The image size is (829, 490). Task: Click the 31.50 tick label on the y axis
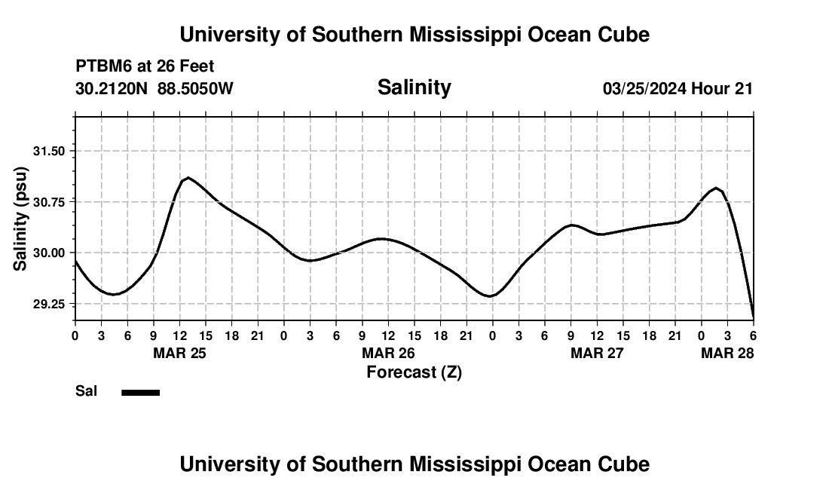(49, 151)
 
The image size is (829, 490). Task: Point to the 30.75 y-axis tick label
(49, 202)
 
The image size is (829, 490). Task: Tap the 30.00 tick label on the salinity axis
(49, 253)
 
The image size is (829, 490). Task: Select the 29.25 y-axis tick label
(49, 304)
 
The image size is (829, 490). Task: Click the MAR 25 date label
(179, 353)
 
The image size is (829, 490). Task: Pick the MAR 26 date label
(389, 353)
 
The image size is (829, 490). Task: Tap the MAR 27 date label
(598, 353)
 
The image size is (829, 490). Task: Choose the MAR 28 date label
(727, 353)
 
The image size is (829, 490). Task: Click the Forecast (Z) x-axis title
(414, 372)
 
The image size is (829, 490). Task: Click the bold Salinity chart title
(414, 87)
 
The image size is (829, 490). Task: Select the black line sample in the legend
(140, 392)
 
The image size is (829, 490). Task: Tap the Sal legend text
(85, 391)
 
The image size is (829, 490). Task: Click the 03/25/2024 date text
(644, 89)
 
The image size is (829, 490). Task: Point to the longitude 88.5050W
(196, 89)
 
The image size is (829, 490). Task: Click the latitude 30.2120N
(113, 89)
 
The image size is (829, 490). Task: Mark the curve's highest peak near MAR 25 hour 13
(188, 177)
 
